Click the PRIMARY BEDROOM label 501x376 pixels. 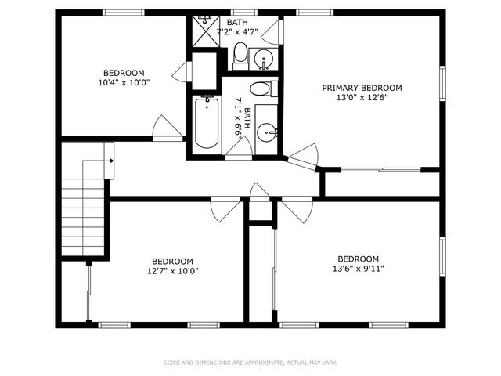click(x=362, y=88)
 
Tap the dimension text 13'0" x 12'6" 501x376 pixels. click(x=362, y=98)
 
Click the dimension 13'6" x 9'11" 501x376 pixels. click(x=358, y=269)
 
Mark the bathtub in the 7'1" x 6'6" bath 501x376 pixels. click(x=206, y=122)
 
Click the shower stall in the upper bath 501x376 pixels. click(x=205, y=29)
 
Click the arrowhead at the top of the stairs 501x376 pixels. click(x=112, y=161)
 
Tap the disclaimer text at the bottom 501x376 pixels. click(x=250, y=363)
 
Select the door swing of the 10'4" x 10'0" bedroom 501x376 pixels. click(x=167, y=127)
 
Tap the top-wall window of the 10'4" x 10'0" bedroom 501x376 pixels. click(x=124, y=13)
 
